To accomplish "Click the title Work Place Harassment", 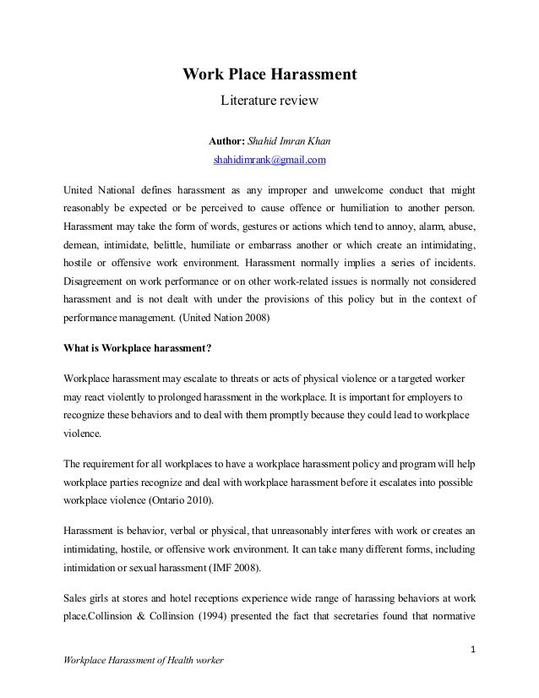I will (270, 76).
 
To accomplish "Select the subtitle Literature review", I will (269, 102).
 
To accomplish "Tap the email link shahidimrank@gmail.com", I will (269, 159).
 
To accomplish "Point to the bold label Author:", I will (226, 139).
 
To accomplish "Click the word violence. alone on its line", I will (83, 434).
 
